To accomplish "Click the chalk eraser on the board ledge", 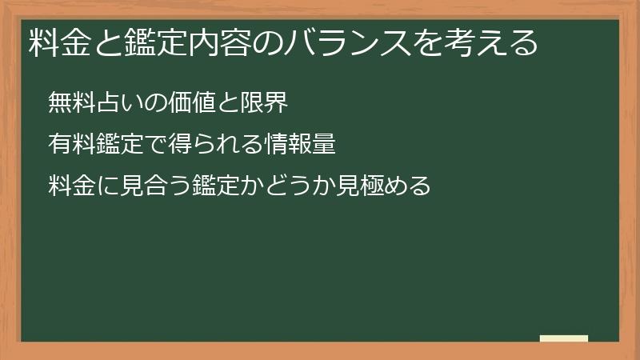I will (564, 338).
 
